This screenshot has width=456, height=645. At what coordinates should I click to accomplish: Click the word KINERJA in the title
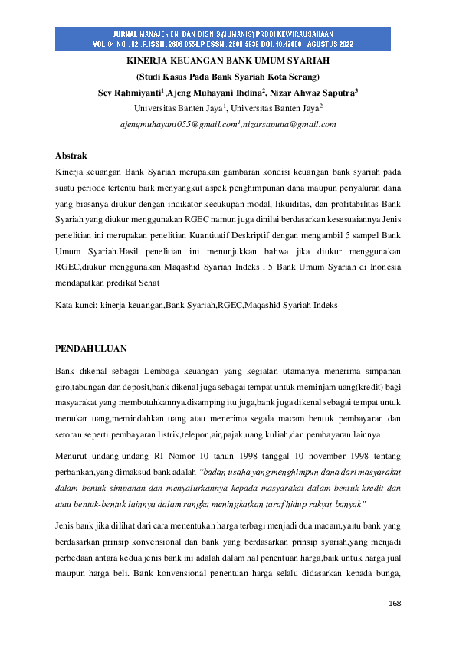point(149,61)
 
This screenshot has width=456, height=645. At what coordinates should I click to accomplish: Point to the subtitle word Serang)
point(304,77)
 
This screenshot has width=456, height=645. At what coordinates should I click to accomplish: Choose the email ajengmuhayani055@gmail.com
point(178,123)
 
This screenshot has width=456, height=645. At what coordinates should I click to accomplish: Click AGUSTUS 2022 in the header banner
point(359,44)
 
